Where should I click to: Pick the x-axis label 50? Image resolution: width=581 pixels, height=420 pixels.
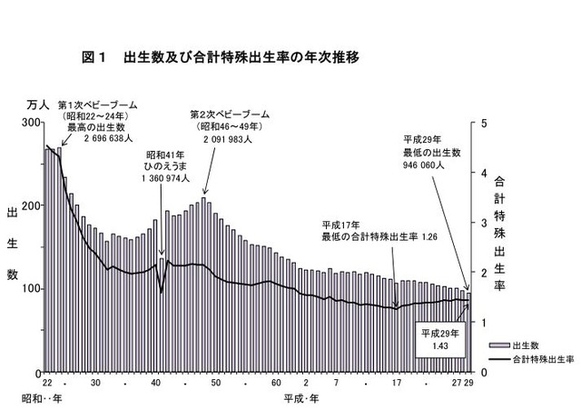(216, 384)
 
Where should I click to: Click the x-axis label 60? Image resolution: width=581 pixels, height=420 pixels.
(276, 384)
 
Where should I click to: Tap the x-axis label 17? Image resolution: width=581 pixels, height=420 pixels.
(396, 384)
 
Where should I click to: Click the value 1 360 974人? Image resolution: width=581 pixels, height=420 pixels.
(165, 179)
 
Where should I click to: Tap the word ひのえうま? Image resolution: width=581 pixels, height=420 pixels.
(165, 167)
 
